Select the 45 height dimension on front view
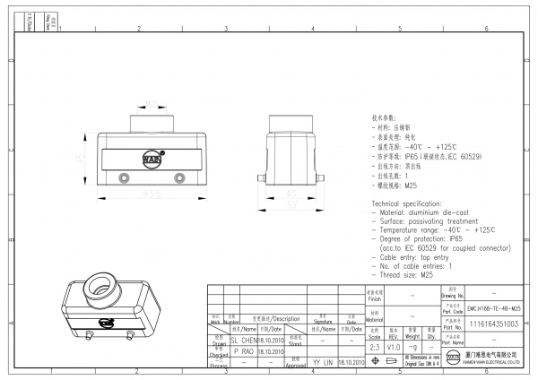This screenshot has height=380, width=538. [80, 157]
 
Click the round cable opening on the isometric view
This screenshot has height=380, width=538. [98, 291]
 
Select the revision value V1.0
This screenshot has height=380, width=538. [394, 345]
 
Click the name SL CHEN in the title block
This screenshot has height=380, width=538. [243, 341]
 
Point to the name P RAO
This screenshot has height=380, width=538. [243, 352]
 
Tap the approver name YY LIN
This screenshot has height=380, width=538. [322, 363]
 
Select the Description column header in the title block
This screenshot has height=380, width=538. [281, 318]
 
